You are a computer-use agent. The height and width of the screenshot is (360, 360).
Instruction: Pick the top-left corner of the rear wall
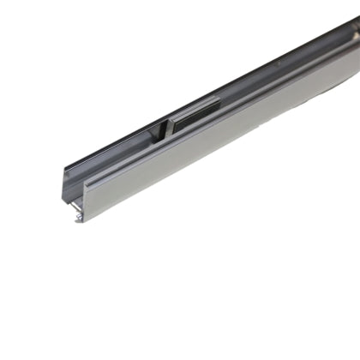click(61, 166)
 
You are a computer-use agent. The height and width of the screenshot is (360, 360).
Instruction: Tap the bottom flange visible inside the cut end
click(75, 212)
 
